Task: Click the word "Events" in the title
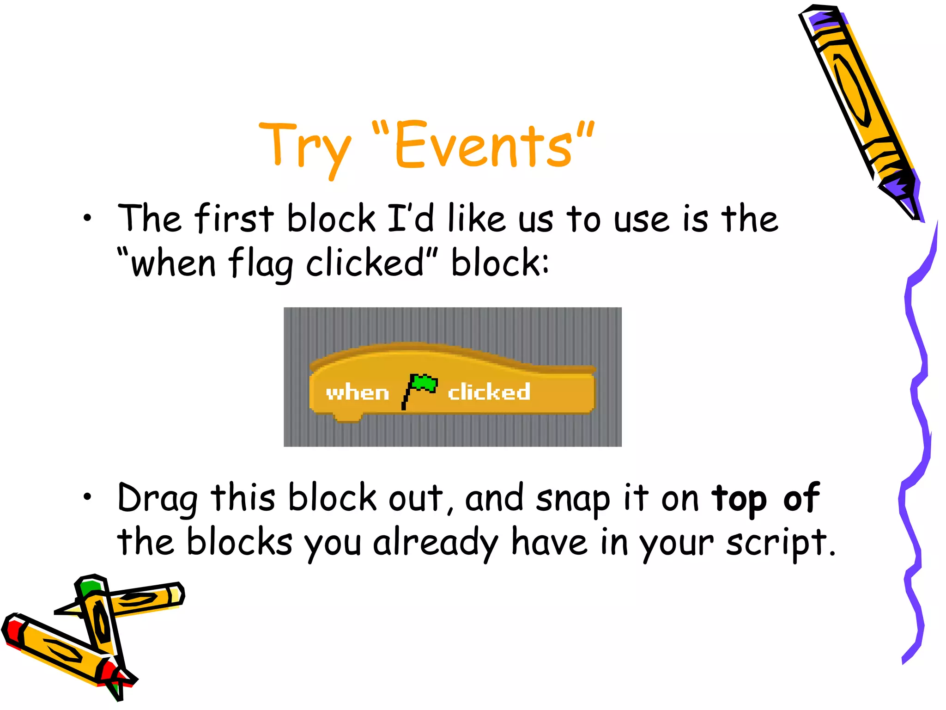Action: click(483, 145)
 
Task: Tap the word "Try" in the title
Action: click(305, 147)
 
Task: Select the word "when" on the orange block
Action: click(357, 393)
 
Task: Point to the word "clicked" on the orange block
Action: click(489, 392)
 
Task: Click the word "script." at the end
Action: click(781, 544)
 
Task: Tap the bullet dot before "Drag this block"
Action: click(87, 497)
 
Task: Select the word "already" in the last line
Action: click(436, 544)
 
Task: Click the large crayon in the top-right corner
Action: click(859, 106)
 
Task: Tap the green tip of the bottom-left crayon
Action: click(91, 587)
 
